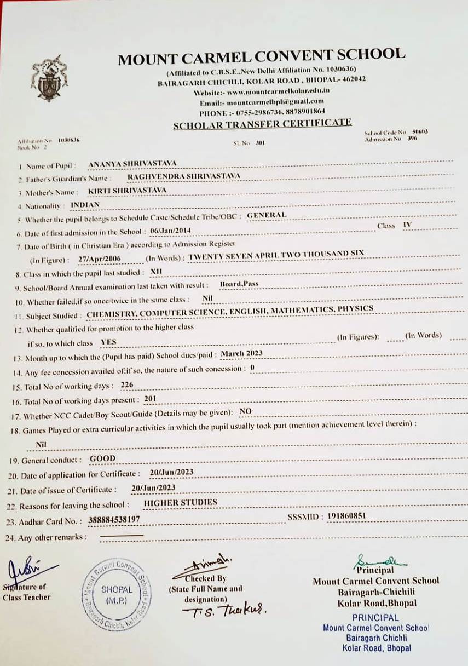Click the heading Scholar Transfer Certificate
point(262,124)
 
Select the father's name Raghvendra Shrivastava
point(183,176)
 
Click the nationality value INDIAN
point(85,205)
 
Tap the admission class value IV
point(407,225)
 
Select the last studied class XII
point(157,271)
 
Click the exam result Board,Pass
point(239,284)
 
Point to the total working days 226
point(127,385)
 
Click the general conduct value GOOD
point(102,458)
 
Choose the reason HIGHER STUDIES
point(180,502)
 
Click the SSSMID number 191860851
point(346,516)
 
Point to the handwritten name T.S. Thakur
point(225,611)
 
